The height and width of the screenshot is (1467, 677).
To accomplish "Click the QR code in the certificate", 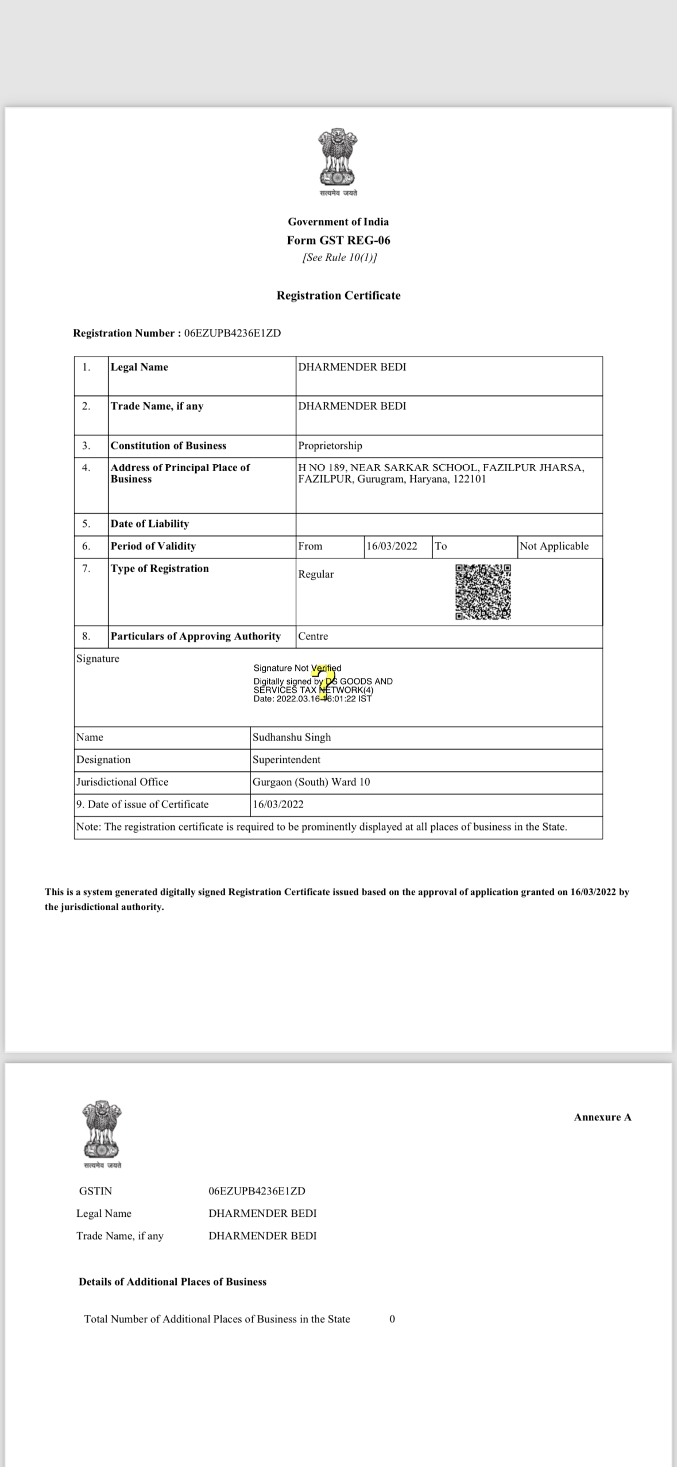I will pyautogui.click(x=483, y=592).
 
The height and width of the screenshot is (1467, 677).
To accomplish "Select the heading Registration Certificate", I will pyautogui.click(x=338, y=296).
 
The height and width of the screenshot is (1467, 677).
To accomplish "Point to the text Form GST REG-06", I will pyautogui.click(x=338, y=240).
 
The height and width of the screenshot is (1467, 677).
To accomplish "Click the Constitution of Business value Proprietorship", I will pyautogui.click(x=330, y=446).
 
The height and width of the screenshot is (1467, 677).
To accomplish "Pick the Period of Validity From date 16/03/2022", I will pyautogui.click(x=392, y=546).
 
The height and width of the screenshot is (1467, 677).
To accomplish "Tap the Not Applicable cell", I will pyautogui.click(x=554, y=546).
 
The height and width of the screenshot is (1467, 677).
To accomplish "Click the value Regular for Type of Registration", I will pyautogui.click(x=316, y=575).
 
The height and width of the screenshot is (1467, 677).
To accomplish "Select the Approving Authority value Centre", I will pyautogui.click(x=313, y=637).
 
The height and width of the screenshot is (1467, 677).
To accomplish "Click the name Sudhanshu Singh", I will pyautogui.click(x=292, y=738).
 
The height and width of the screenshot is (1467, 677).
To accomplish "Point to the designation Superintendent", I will pyautogui.click(x=287, y=760).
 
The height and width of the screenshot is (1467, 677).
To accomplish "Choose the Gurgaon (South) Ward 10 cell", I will pyautogui.click(x=311, y=782).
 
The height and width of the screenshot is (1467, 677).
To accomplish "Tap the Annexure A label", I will pyautogui.click(x=602, y=1117).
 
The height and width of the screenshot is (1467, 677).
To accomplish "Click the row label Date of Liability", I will pyautogui.click(x=150, y=524).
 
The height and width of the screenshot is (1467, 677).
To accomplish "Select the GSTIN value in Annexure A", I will pyautogui.click(x=257, y=1191).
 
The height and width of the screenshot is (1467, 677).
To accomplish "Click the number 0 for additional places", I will pyautogui.click(x=392, y=1319).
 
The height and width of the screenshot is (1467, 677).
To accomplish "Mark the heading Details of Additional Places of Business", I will pyautogui.click(x=172, y=1282).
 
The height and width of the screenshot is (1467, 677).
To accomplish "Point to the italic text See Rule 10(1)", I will pyautogui.click(x=339, y=258).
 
